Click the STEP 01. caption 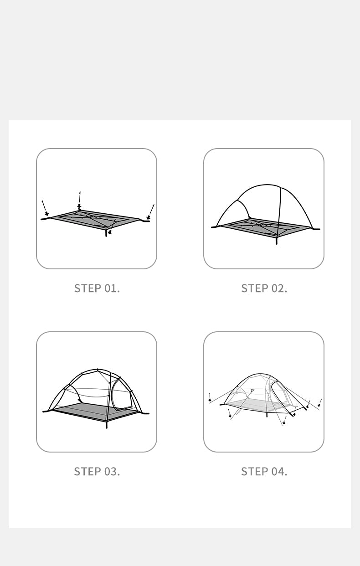(x=97, y=288)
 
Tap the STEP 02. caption (x=264, y=288)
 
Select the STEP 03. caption (x=97, y=471)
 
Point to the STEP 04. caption (x=264, y=471)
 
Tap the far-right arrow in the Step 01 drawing (x=152, y=211)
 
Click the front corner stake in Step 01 (x=108, y=233)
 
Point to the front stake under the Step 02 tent (x=276, y=241)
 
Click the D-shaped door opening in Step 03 (x=122, y=394)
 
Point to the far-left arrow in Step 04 (x=210, y=397)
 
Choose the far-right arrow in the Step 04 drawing (x=320, y=402)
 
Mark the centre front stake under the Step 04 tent (x=283, y=421)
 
